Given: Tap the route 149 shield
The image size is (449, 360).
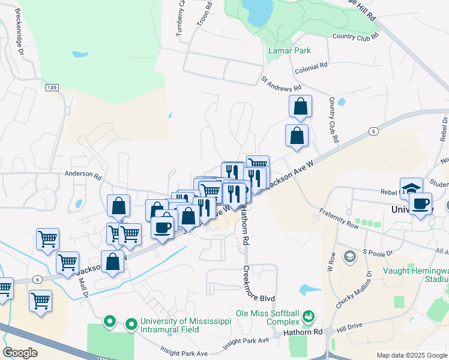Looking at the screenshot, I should point(51,88).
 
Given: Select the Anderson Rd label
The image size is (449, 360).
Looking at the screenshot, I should point(84,175).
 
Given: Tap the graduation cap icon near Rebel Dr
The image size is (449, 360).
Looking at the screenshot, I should point(411,187).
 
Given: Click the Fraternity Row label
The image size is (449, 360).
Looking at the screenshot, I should point(339,219).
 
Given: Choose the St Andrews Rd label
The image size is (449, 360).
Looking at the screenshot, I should point(280,83).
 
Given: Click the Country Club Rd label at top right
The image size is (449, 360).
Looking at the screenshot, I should point(355,36).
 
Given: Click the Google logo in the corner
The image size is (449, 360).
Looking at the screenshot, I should point(20,353).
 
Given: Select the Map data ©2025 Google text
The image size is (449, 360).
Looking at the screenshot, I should point(412,355).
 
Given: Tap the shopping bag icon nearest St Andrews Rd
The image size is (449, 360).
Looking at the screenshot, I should point(300,106).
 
